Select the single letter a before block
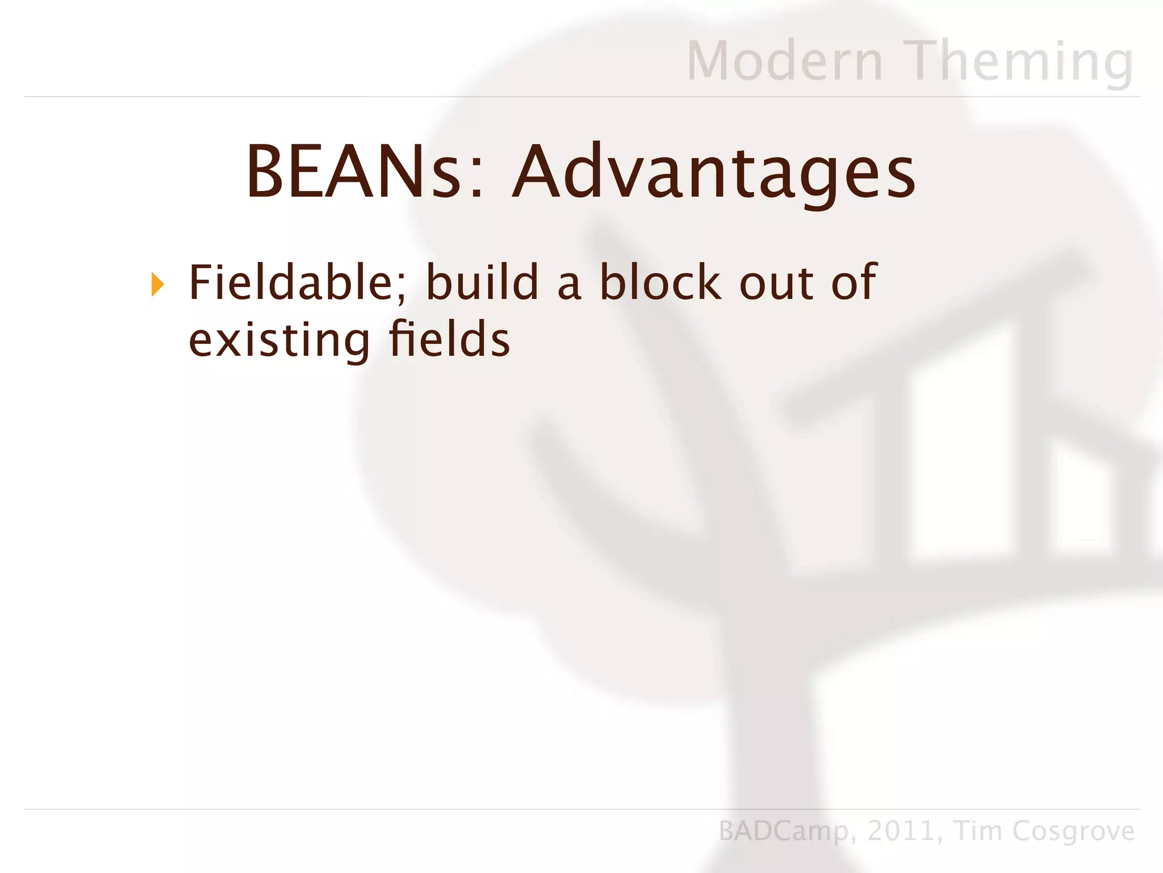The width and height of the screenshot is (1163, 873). pyautogui.click(x=569, y=286)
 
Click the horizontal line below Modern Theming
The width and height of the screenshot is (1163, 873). pyautogui.click(x=581, y=97)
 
